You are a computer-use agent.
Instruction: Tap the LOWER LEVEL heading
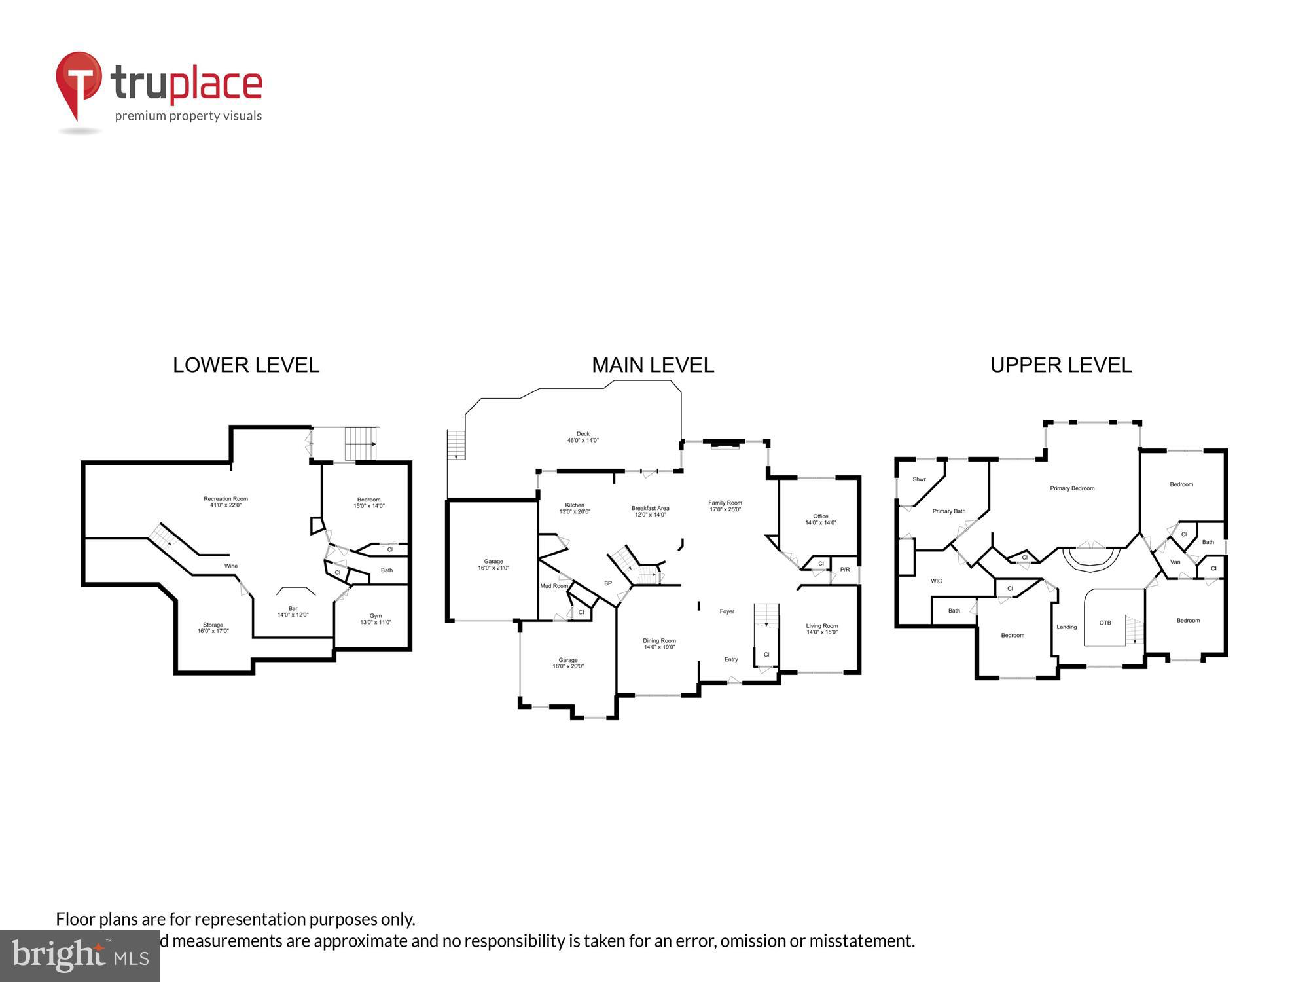pos(246,365)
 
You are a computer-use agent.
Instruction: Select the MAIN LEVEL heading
pos(653,365)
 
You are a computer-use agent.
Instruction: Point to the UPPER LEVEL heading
pos(1061,365)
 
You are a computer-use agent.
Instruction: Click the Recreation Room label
pos(226,501)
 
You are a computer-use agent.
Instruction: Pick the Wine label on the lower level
pos(231,566)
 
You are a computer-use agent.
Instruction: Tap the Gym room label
pos(376,619)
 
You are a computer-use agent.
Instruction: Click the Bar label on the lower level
pos(293,611)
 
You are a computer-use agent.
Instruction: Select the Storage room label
pos(213,628)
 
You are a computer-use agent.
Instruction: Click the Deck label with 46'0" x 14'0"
pos(583,437)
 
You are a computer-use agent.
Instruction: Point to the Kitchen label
pos(575,508)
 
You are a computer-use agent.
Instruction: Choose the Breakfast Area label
pos(650,511)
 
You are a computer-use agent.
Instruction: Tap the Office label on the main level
pos(820,519)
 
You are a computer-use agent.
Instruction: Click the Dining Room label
pos(659,644)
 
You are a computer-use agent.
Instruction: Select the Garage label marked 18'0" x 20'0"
pos(567,663)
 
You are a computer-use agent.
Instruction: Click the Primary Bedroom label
pos(1072,488)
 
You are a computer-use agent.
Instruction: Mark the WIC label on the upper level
pos(936,581)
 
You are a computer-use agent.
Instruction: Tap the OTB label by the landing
pos(1105,623)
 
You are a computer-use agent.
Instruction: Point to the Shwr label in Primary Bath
pos(919,479)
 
